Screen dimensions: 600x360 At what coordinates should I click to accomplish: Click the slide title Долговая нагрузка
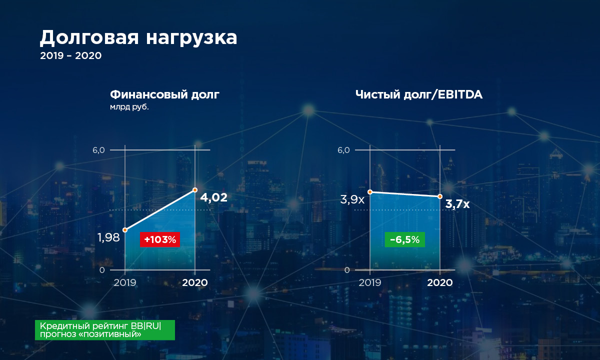click(138, 38)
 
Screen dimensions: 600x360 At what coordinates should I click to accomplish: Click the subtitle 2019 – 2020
click(70, 55)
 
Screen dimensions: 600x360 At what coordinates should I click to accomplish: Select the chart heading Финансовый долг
click(164, 95)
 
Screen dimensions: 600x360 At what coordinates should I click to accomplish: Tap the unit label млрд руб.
click(129, 107)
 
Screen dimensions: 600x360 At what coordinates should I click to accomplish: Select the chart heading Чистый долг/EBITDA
click(419, 95)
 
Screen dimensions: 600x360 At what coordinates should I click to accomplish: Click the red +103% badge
click(160, 239)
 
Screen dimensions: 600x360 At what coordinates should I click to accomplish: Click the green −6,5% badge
click(404, 239)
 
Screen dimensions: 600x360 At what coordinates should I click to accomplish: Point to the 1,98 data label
click(108, 237)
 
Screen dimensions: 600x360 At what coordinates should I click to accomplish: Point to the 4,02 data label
click(214, 197)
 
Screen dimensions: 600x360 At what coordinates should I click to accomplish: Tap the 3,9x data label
click(352, 199)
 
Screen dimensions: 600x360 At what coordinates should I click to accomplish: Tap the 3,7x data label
click(457, 204)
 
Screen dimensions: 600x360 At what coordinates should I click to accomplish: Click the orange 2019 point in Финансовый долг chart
click(125, 230)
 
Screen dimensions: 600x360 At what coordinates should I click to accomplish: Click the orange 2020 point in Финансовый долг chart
click(195, 190)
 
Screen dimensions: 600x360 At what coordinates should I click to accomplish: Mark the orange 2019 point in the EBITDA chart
click(370, 192)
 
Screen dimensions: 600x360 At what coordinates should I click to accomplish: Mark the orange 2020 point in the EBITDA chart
click(440, 196)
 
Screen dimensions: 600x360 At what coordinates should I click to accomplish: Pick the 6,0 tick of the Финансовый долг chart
click(98, 150)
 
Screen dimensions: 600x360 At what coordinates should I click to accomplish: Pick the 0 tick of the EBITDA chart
click(347, 270)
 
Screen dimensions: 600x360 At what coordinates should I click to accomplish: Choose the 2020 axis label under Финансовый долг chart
click(195, 282)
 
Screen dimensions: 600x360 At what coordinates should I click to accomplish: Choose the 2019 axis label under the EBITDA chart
click(369, 282)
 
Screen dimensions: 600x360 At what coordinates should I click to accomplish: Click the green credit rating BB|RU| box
click(104, 330)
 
